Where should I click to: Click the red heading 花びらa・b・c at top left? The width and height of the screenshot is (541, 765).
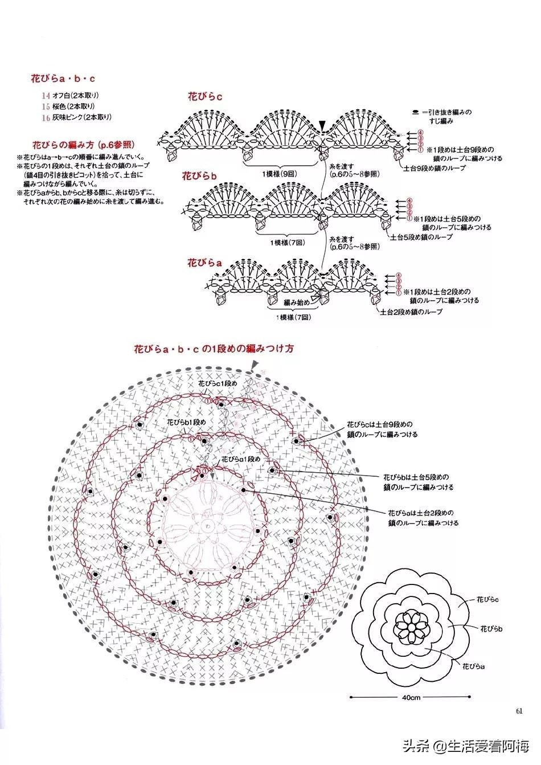63,79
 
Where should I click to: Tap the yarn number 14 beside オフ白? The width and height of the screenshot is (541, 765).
45,95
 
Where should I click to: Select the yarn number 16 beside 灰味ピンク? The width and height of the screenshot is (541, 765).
45,117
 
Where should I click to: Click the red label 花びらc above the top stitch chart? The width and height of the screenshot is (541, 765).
205,97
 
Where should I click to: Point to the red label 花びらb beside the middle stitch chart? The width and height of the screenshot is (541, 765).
200,175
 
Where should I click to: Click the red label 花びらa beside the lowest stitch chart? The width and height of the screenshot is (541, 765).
204,263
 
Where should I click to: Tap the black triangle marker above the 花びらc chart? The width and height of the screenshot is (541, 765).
323,124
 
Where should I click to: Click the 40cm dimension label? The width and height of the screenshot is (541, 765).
411,697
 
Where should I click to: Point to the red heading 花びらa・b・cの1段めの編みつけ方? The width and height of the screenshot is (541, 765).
214,349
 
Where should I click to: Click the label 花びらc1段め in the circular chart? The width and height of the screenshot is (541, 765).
217,384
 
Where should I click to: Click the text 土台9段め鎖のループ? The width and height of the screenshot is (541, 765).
435,168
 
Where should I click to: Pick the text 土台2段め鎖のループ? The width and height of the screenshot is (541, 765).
411,312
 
